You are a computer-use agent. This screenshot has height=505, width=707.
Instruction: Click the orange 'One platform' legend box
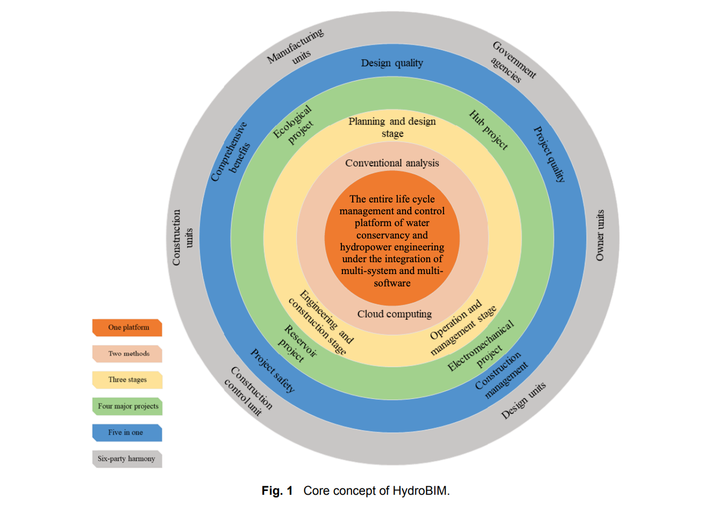[x=127, y=327]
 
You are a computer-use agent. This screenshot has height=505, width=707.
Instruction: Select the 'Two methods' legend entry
[x=127, y=354]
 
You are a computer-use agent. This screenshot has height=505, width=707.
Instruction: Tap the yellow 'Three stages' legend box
[x=127, y=380]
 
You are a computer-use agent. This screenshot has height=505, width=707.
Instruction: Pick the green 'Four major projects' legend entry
[x=127, y=406]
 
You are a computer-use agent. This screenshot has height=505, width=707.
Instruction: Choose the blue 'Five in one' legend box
[x=127, y=432]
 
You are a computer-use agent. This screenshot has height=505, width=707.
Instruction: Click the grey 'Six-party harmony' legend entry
[x=127, y=459]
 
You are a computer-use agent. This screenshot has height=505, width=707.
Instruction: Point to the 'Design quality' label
[x=392, y=63]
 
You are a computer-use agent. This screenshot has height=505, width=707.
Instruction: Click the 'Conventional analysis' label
[x=392, y=163]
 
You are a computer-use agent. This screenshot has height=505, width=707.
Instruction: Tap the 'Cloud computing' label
[x=395, y=314]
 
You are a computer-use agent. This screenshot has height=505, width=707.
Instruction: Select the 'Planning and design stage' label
[x=392, y=127]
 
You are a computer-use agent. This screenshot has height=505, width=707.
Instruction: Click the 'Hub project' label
[x=489, y=130]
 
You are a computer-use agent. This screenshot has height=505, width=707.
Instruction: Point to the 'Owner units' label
[x=600, y=235]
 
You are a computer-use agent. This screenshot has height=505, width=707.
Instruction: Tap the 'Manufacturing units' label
[x=297, y=48]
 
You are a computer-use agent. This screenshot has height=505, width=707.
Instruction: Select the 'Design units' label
[x=523, y=401]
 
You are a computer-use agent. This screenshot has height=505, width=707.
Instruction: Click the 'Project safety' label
[x=273, y=370]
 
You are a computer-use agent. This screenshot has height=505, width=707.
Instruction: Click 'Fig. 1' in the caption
[x=277, y=490]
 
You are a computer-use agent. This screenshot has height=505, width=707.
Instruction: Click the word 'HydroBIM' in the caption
[x=420, y=490]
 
